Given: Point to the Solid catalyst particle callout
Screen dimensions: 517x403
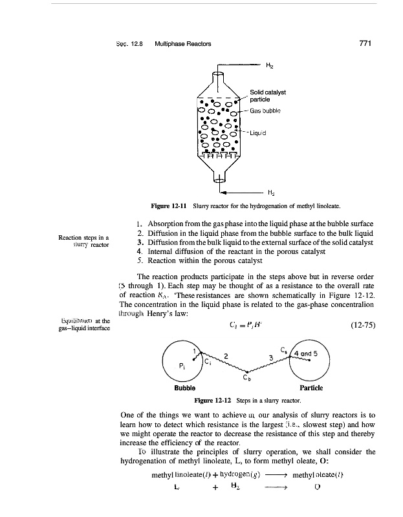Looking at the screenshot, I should click(268, 96).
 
